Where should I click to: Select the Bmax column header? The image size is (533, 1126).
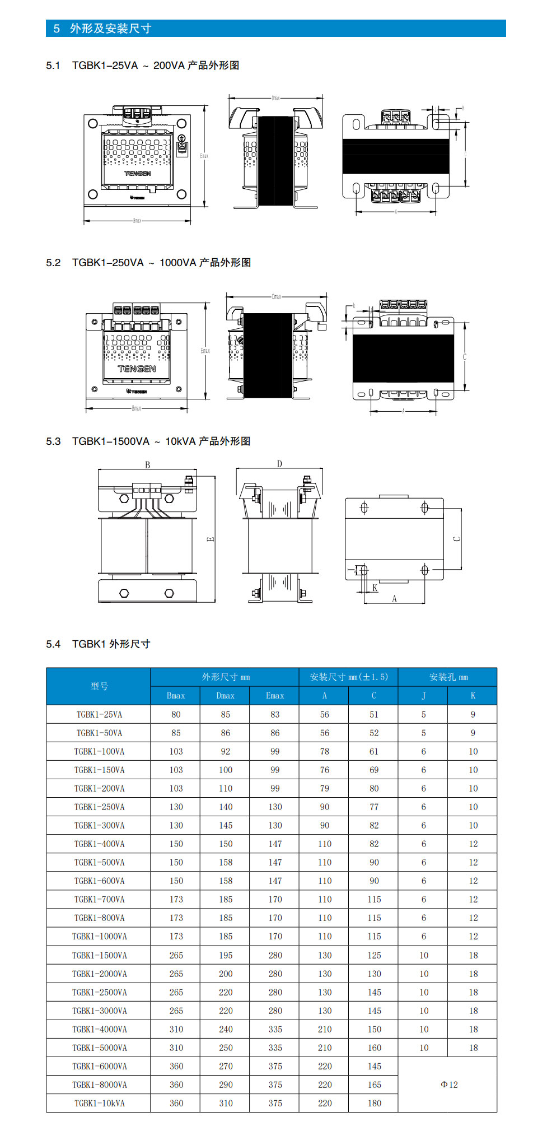tap(176, 696)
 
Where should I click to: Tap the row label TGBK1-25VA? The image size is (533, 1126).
tap(99, 714)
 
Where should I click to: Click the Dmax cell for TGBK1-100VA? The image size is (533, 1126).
tap(225, 751)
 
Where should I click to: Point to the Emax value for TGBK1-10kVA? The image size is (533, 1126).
tap(275, 1103)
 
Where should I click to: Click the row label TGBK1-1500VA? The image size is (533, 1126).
tap(99, 955)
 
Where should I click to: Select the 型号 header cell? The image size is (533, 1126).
tap(99, 686)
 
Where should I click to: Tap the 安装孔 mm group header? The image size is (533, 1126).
tap(448, 677)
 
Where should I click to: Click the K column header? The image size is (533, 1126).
tap(473, 696)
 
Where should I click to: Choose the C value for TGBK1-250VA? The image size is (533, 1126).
tap(374, 807)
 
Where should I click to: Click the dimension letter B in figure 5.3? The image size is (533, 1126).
tap(148, 464)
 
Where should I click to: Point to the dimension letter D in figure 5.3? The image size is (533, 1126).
tap(279, 463)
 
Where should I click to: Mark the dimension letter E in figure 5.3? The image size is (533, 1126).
tap(211, 539)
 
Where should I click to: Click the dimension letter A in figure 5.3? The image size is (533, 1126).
tap(394, 599)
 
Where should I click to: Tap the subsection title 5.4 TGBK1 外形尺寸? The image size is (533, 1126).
tap(98, 644)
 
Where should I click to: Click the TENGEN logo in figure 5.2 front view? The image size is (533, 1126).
tap(137, 369)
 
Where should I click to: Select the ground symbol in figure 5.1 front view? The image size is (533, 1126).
tap(181, 138)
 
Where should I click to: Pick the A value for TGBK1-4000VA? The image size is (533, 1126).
tap(325, 1029)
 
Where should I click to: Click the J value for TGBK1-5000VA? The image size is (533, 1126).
tap(424, 1048)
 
